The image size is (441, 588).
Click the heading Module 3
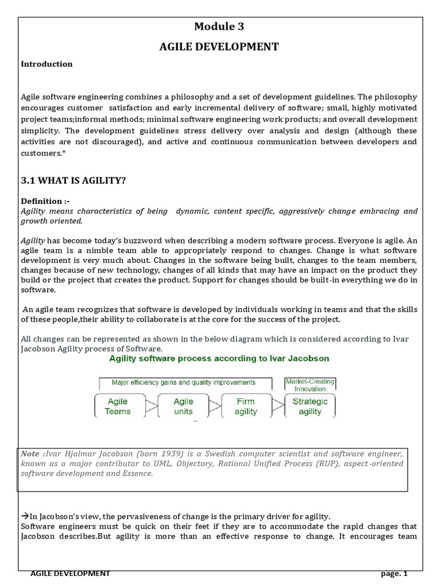coord(219,26)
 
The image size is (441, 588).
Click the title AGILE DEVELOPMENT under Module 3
coord(219,47)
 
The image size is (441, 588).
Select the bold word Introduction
coord(47,64)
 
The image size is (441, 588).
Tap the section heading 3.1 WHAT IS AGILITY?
coord(73,181)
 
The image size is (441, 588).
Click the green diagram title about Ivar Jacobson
coord(219,358)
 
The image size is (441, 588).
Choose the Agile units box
coord(183,406)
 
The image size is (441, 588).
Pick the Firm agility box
coord(246,406)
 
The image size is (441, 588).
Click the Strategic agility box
coord(310,406)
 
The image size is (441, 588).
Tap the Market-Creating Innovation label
coord(310,385)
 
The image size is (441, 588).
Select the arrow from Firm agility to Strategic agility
coord(278,407)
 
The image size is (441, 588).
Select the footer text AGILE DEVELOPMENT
coord(70,574)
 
